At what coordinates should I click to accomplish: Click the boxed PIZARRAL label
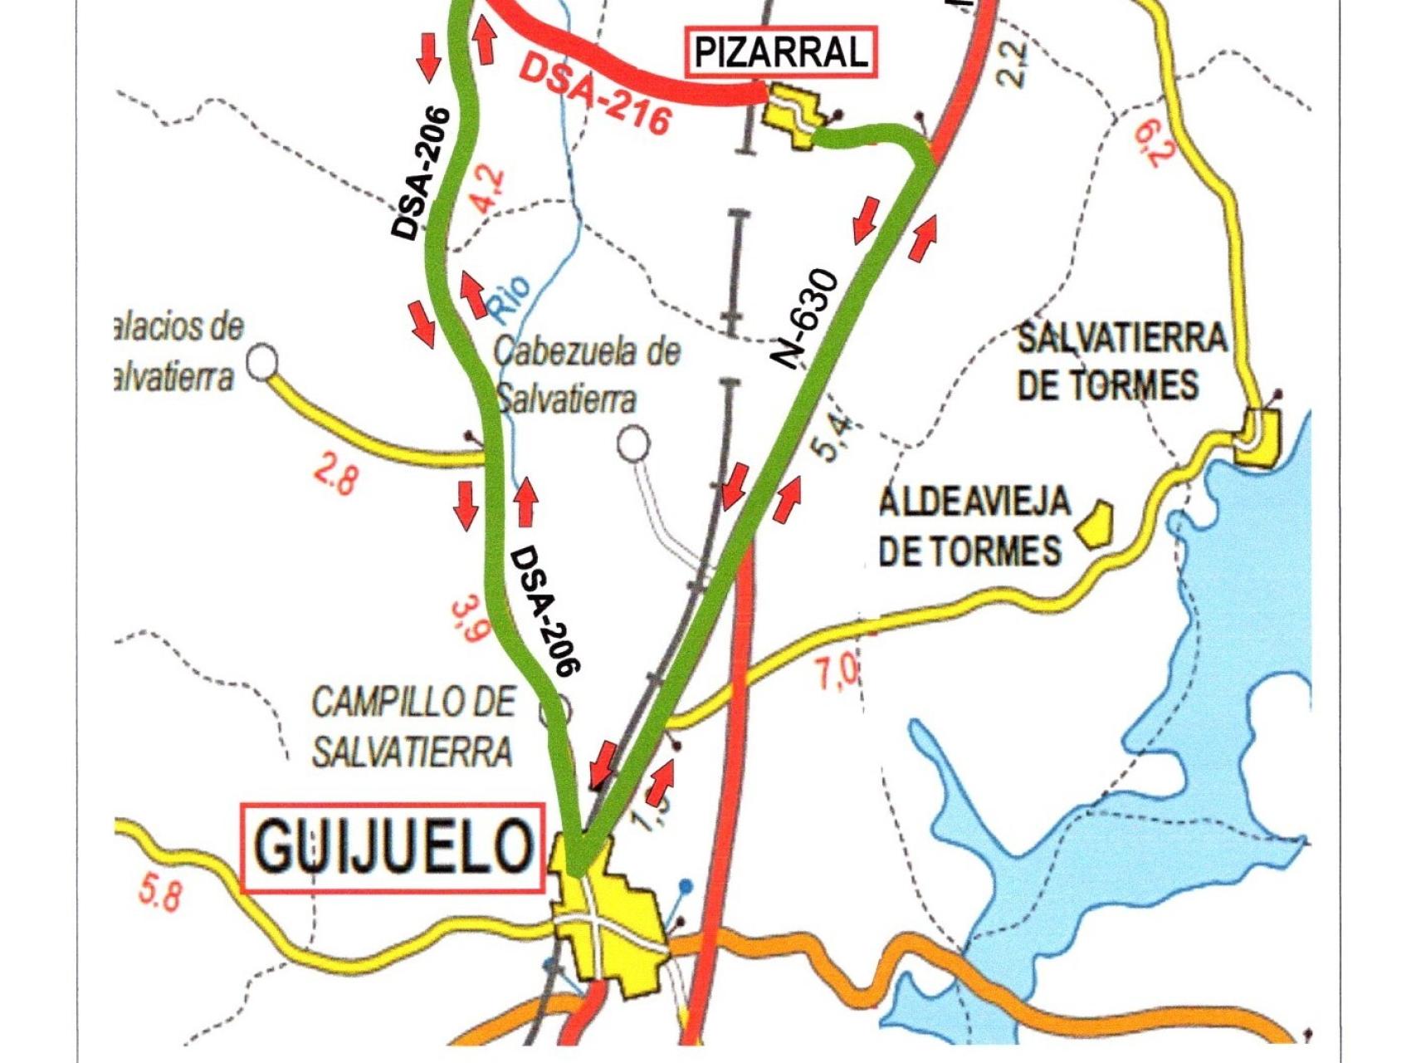(x=781, y=52)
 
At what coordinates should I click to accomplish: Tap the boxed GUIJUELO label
(x=393, y=848)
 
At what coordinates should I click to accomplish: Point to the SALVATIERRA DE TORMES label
(x=1121, y=361)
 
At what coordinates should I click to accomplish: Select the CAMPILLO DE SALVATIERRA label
(x=413, y=727)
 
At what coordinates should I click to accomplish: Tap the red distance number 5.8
(x=159, y=895)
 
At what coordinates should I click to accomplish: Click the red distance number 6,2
(x=1152, y=142)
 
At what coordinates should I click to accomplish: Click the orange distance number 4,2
(x=487, y=189)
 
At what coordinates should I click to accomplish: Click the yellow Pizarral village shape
(x=791, y=117)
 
